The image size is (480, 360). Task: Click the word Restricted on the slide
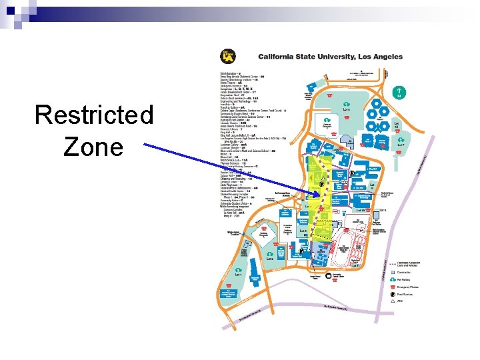(x=94, y=115)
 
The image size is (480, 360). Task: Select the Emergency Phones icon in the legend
(x=392, y=286)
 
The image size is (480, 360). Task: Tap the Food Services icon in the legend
(x=392, y=293)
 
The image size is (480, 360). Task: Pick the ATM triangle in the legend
(x=392, y=301)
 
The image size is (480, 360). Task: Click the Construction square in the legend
(x=392, y=272)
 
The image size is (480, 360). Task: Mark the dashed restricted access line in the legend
(x=392, y=263)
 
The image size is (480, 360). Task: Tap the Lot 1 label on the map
(x=238, y=273)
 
